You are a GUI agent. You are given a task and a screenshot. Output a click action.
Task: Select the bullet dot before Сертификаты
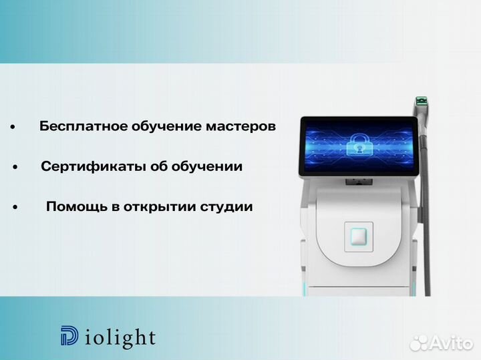coord(15,167)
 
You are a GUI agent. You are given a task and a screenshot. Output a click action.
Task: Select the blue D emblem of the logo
coord(68,337)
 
